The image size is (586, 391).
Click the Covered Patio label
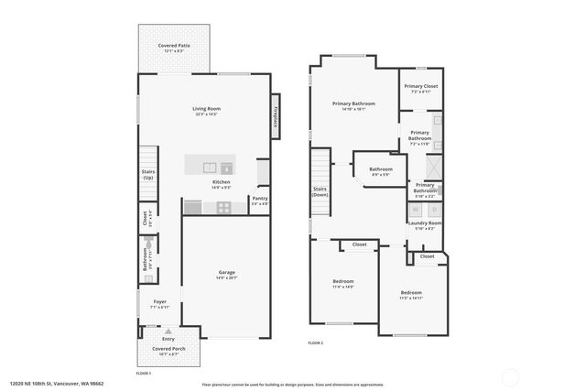coord(173,47)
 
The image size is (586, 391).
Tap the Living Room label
coord(206,110)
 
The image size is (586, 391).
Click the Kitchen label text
coord(221,183)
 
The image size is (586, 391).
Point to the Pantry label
coord(260,200)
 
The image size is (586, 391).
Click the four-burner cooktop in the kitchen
coord(223,208)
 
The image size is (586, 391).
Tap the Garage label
coord(226,274)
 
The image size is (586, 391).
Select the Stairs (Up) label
coord(147,174)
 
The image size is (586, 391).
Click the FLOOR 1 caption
coord(143,374)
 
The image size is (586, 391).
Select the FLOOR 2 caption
coord(316,342)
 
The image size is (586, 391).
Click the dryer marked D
coord(434,210)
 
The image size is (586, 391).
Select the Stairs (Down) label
coord(320,191)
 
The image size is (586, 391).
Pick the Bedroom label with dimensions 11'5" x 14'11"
coord(417,294)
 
